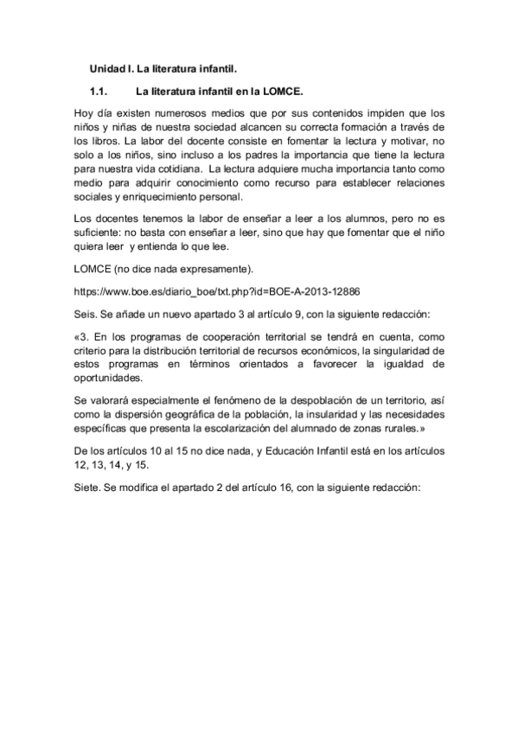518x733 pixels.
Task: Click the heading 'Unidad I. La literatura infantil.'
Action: (x=163, y=67)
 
